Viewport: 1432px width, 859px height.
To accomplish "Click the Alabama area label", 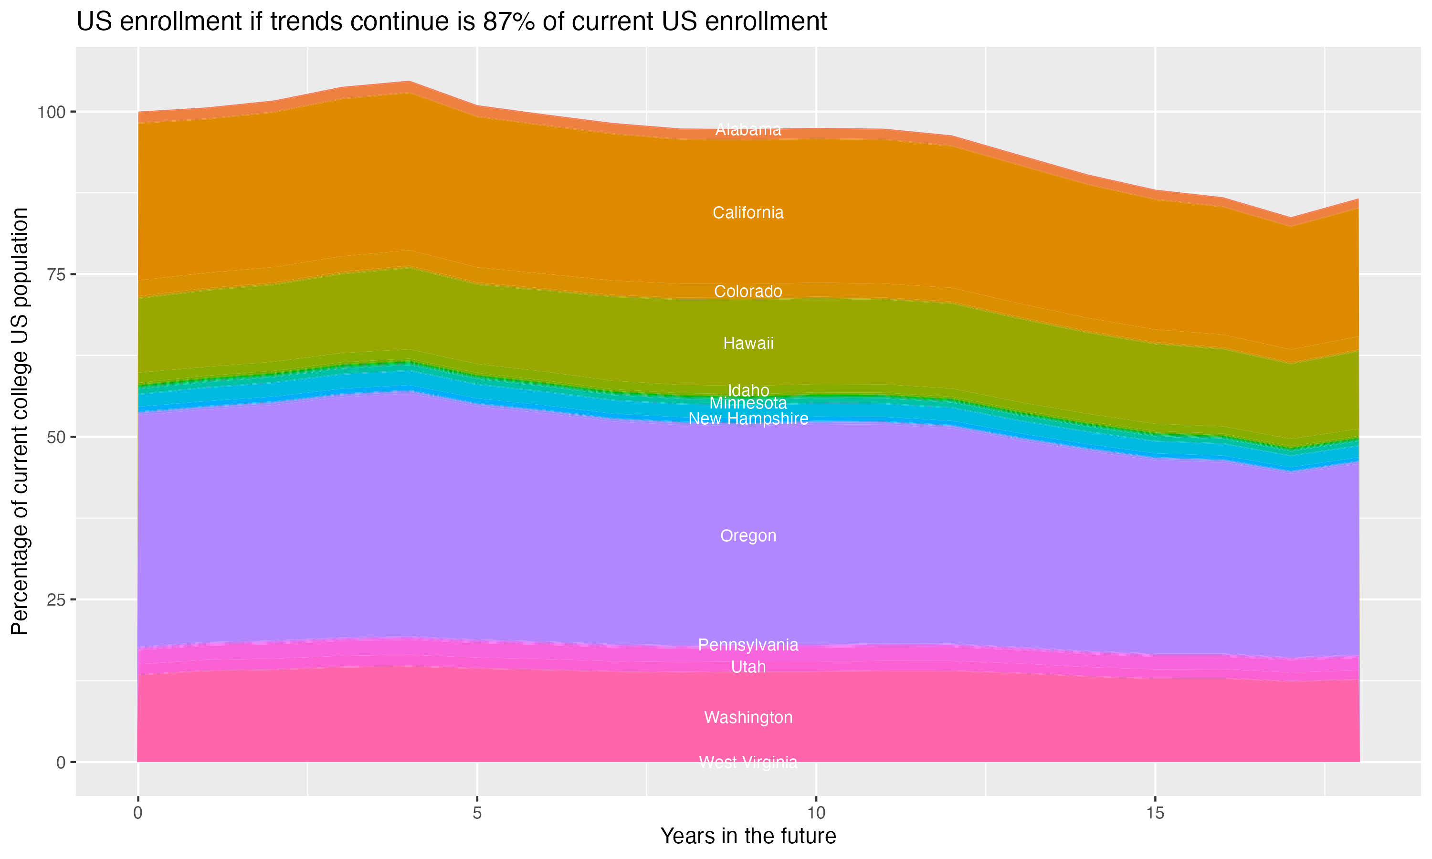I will (x=748, y=130).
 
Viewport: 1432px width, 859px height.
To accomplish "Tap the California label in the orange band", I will (x=748, y=213).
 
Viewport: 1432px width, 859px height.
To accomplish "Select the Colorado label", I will (x=748, y=291).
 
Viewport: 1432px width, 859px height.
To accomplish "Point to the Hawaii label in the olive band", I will (x=748, y=343).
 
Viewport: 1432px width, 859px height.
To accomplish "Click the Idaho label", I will (x=748, y=390).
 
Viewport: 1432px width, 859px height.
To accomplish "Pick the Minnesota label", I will (x=748, y=403).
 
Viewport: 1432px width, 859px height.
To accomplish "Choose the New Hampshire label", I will (x=748, y=419).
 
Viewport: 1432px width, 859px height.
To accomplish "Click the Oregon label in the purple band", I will (x=748, y=536).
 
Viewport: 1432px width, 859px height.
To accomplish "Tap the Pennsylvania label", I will (x=748, y=645).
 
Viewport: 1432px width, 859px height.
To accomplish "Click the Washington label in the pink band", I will (x=748, y=718).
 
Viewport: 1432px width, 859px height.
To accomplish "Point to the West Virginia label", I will (x=748, y=762).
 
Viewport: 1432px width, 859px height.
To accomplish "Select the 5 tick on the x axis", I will (x=477, y=813).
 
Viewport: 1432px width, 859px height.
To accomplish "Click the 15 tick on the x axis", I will (x=1155, y=813).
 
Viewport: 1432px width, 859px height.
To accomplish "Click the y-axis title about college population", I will (x=20, y=421).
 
